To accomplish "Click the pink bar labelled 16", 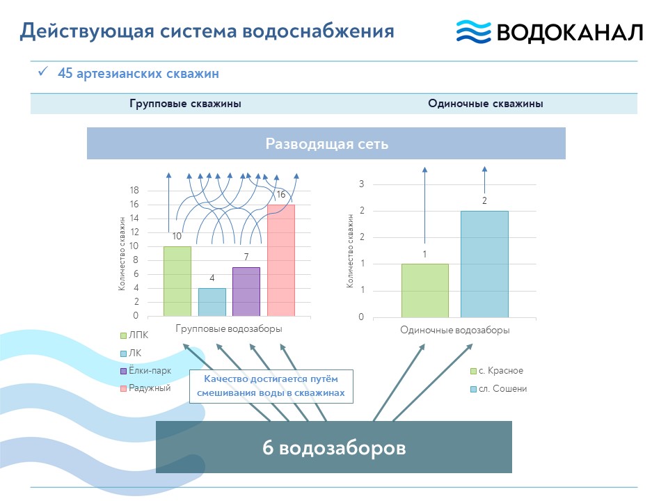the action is [280, 260].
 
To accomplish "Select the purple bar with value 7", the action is [246, 292].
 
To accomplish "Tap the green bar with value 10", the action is [177, 281].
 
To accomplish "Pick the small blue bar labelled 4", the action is [212, 302].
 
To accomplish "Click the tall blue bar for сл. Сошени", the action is [484, 264].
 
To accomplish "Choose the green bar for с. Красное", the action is [424, 291].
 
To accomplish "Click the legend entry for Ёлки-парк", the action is [145, 371].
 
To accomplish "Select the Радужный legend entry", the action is [145, 388].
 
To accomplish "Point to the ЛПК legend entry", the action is [134, 335].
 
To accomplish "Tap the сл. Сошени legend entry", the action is [498, 389].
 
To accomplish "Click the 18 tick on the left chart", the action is [134, 190].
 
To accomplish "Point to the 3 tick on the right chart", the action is [361, 184].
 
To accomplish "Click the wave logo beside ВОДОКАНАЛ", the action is [473, 31].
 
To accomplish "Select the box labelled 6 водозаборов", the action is [333, 447].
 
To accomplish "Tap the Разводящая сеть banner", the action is [326, 143].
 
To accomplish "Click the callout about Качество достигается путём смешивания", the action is [271, 386].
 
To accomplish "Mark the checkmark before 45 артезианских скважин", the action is [42, 71].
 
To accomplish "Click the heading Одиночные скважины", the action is [485, 104].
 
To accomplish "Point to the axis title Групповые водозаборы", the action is [229, 329].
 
